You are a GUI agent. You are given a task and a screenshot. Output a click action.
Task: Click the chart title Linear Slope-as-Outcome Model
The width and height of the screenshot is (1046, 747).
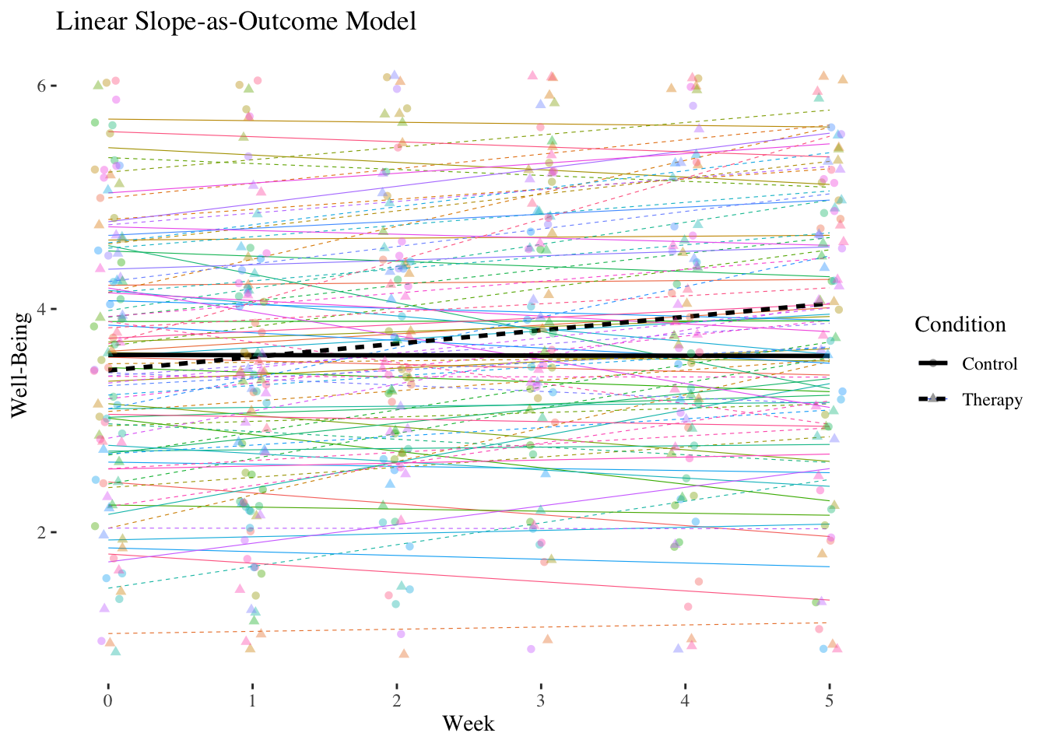[236, 22]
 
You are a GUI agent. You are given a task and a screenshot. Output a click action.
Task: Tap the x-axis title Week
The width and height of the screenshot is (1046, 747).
[469, 724]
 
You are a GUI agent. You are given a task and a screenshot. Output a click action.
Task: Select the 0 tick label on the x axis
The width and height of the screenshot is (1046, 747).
[108, 701]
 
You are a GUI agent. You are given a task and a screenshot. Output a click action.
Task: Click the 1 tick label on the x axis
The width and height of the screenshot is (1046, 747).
[252, 701]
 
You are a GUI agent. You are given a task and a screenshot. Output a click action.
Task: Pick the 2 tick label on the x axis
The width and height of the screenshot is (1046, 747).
[397, 701]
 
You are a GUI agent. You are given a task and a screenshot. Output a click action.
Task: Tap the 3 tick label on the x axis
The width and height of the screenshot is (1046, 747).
[541, 701]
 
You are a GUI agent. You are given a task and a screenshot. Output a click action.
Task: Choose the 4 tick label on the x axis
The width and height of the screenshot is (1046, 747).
[686, 701]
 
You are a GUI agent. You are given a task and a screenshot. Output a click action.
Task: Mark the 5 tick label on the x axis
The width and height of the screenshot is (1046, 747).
[830, 701]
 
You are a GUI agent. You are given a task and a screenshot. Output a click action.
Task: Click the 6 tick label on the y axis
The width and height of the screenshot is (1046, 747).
[42, 86]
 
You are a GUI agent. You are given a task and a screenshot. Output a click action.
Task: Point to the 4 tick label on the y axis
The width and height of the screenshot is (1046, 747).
[42, 309]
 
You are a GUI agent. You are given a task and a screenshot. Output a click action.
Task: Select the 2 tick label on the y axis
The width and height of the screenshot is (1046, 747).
[42, 532]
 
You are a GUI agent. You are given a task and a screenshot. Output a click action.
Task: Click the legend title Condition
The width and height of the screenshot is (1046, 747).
[960, 324]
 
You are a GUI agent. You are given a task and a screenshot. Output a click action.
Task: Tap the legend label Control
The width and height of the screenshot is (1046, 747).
[989, 364]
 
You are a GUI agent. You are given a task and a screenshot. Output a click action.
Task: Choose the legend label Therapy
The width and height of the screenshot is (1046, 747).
[992, 400]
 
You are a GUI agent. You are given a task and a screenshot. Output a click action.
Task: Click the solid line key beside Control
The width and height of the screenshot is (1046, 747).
[932, 364]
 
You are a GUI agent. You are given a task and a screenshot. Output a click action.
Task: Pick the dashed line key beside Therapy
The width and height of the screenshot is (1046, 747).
[932, 399]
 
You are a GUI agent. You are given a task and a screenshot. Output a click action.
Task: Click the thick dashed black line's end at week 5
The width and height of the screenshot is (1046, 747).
[829, 303]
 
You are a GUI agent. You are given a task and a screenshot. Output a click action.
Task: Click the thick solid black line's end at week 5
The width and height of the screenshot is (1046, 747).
[829, 356]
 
